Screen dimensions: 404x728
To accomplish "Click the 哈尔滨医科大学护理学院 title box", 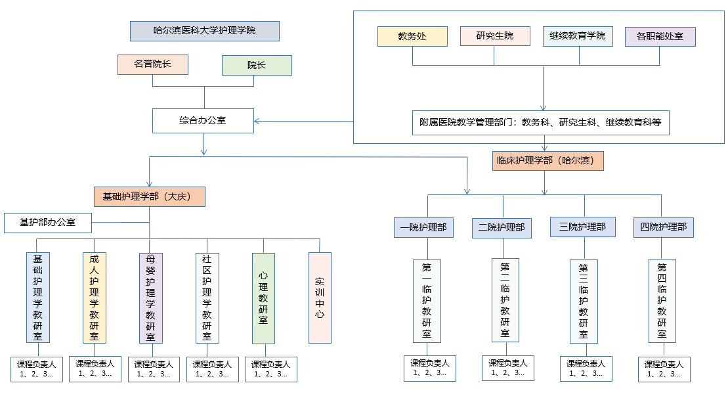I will (205, 31).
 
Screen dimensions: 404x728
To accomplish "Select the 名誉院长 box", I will (153, 64).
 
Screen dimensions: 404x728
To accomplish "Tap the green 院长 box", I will (257, 65).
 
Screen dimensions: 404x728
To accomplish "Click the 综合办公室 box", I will (203, 121).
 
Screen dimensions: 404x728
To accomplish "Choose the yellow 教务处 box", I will (412, 36).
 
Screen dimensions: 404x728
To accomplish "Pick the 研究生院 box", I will (495, 36).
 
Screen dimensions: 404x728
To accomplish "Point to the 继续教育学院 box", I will (578, 36).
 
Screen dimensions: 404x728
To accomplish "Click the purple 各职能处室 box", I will (660, 36).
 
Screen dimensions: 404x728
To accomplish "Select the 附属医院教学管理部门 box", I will (542, 122).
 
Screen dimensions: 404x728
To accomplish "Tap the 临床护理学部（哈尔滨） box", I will (547, 161).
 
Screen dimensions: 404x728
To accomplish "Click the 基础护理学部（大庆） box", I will (150, 196).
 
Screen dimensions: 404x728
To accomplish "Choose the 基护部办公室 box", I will (47, 222).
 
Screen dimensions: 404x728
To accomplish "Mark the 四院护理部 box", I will (664, 227).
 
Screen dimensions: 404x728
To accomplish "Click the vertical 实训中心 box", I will (320, 298).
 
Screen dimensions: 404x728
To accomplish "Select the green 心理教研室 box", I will (263, 298).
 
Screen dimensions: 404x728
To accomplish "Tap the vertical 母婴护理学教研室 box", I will (151, 298).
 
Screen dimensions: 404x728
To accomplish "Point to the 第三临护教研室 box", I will (584, 301).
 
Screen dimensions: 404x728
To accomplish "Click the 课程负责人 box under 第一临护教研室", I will (430, 368).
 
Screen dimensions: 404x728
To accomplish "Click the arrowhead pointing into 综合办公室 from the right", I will (257, 121).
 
